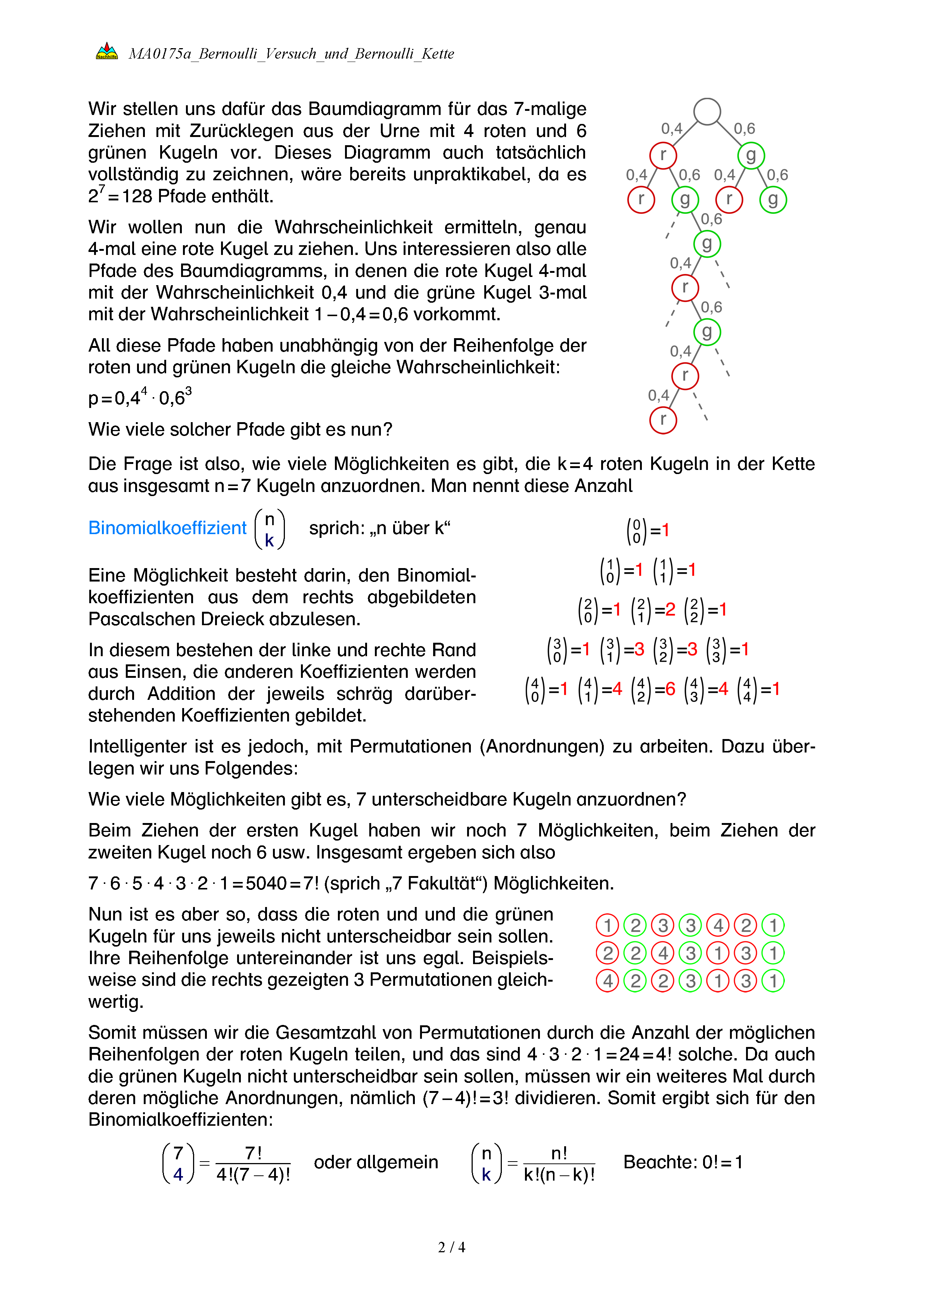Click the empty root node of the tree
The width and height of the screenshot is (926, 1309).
coord(707,111)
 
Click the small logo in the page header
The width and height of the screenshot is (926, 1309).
coord(107,52)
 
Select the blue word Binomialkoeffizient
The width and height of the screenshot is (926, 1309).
coord(167,528)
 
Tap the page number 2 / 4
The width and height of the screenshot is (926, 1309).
coord(451,1247)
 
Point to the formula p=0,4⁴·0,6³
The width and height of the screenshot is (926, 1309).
coord(140,398)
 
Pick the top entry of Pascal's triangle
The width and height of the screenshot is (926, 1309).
coord(647,531)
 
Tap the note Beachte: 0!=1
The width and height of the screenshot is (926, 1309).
coord(683,1162)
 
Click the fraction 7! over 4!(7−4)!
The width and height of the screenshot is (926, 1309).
coord(253,1163)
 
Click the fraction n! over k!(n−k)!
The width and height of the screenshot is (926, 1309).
coord(559,1163)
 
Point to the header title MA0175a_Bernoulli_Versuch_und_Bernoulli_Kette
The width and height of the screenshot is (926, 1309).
coord(291,54)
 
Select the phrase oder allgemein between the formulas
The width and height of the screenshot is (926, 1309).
coord(376,1162)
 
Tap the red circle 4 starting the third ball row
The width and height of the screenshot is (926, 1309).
coord(607,981)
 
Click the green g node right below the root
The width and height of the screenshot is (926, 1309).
coord(751,155)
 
